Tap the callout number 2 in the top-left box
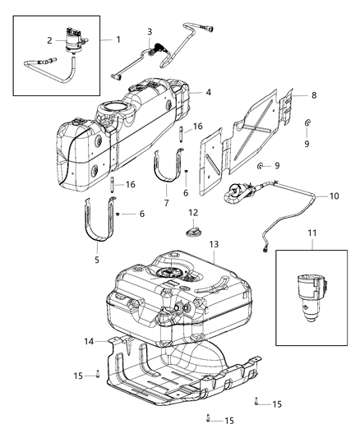[50, 40]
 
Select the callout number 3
[149, 32]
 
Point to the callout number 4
[208, 92]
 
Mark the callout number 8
[313, 96]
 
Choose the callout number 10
[334, 196]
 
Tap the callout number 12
[192, 213]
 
